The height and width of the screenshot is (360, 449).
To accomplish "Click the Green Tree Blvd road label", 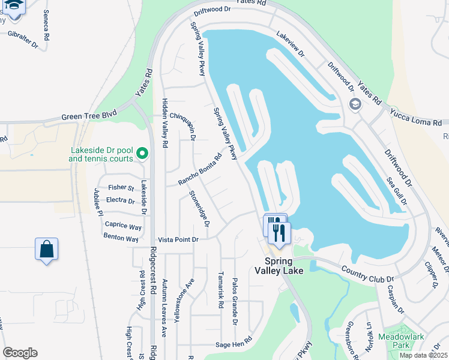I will click(x=89, y=117).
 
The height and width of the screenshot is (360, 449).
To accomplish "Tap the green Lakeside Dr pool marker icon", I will click(x=142, y=154).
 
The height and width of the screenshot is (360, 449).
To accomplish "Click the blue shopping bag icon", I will click(x=46, y=249).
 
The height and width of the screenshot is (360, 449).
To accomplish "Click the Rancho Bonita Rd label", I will click(x=200, y=170).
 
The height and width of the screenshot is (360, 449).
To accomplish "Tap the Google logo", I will click(x=20, y=353).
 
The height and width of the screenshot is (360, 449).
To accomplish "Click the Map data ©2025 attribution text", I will click(x=423, y=355).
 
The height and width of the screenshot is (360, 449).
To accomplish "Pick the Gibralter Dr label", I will click(x=23, y=39).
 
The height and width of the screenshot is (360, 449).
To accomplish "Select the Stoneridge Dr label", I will click(x=199, y=208).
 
